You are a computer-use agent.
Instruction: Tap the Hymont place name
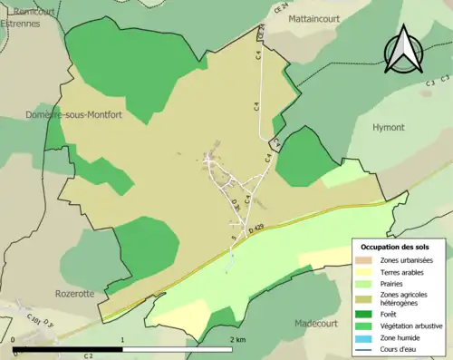click(389, 128)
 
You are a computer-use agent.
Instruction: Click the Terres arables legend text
click(401, 271)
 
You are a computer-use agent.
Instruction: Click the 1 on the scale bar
click(122, 339)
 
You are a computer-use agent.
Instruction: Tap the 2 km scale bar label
click(237, 339)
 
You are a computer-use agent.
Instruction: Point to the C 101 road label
click(35, 320)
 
